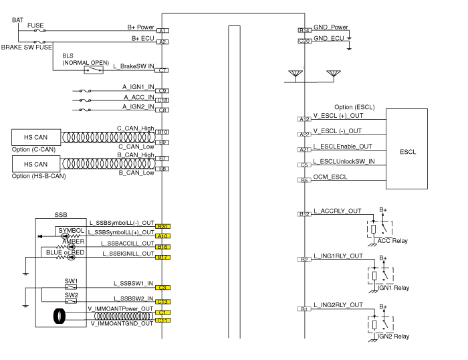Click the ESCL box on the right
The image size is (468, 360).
[x=408, y=152]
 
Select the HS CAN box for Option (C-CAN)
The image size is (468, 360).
[x=36, y=137]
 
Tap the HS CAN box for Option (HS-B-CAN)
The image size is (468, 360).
[x=36, y=164]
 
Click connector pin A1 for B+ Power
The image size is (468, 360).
[x=162, y=31]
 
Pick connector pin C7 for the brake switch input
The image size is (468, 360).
[x=162, y=70]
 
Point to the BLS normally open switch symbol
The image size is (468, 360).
[x=94, y=69]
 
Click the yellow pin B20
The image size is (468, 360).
[x=162, y=227]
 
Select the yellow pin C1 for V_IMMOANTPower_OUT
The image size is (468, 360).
[x=162, y=312]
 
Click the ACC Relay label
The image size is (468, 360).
[x=392, y=241]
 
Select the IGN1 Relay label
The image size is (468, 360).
[x=393, y=288]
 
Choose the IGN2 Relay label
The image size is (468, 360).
[x=393, y=336]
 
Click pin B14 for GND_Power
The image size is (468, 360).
[x=304, y=31]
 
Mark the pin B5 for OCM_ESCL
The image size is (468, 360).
[x=304, y=180]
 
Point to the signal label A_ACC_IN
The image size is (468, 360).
[x=138, y=96]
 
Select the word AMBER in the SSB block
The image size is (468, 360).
[x=74, y=241]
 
